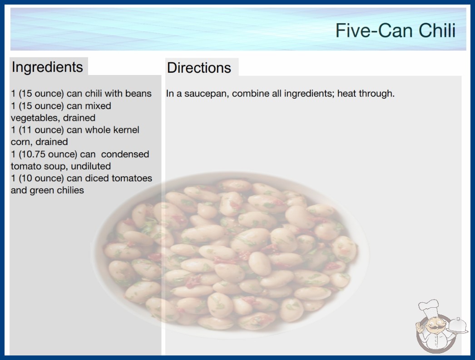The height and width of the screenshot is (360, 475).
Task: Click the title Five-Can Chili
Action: pyautogui.click(x=396, y=30)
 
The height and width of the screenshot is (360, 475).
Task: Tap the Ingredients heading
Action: pyautogui.click(x=47, y=67)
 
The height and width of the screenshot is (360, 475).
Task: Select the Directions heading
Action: pyautogui.click(x=199, y=68)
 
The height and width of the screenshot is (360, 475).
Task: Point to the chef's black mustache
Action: pyautogui.click(x=434, y=328)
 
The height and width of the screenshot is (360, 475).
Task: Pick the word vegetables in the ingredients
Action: pyautogui.click(x=35, y=118)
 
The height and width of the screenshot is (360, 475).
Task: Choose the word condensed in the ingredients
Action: pyautogui.click(x=125, y=154)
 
